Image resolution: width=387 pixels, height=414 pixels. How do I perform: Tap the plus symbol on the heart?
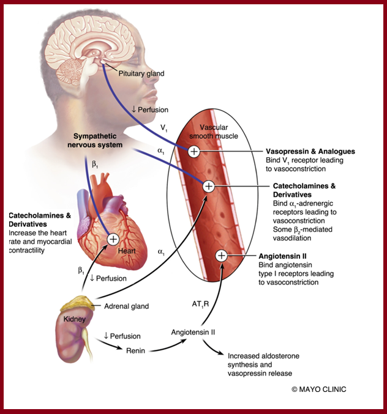coord(113,239)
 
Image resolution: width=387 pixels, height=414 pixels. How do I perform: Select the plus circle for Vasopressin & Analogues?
coord(193,151)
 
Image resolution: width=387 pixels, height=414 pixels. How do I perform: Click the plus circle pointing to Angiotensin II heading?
coord(222,255)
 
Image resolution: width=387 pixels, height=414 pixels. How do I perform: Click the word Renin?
coord(135,350)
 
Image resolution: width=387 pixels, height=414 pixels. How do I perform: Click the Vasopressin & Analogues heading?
coord(310,151)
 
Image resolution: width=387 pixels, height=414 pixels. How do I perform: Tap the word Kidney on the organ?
coord(75,320)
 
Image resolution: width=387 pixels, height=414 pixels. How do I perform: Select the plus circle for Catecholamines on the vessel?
coord(208,185)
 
